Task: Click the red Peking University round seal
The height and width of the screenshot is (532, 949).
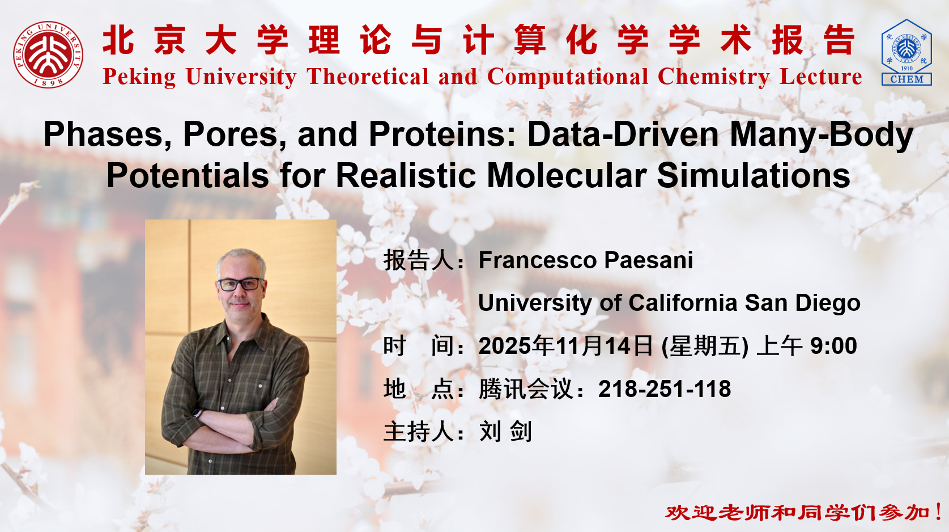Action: pyautogui.click(x=48, y=54)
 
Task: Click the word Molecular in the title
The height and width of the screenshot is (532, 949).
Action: pyautogui.click(x=567, y=175)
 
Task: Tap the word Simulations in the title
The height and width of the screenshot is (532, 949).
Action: pyautogui.click(x=754, y=175)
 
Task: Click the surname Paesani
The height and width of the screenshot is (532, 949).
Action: pyautogui.click(x=649, y=260)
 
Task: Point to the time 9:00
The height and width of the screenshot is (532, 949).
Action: pyautogui.click(x=834, y=346)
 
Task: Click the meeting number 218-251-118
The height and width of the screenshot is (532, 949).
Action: pyautogui.click(x=664, y=389)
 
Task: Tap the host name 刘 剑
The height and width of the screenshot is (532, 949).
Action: pyautogui.click(x=505, y=432)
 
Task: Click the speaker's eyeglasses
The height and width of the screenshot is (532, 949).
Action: pyautogui.click(x=240, y=284)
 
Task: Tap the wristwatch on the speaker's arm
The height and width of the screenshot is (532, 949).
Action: pyautogui.click(x=197, y=413)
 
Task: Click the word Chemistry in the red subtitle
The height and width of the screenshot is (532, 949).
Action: pyautogui.click(x=713, y=77)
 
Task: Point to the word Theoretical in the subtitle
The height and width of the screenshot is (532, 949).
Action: pyautogui.click(x=368, y=77)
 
